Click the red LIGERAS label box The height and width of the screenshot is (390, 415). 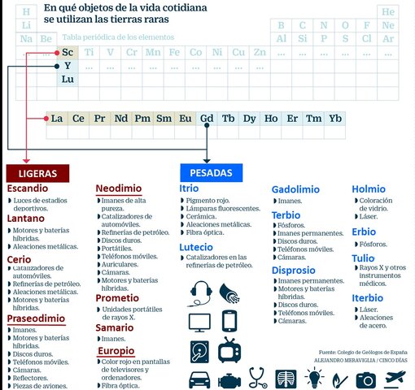tap(37, 173)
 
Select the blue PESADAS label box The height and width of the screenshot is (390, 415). tap(211, 173)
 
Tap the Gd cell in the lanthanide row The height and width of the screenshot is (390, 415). tap(207, 119)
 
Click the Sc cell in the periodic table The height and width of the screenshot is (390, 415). tap(68, 52)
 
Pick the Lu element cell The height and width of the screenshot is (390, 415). tap(68, 80)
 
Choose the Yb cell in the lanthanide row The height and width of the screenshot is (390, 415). tap(334, 119)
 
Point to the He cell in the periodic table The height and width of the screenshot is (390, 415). tap(387, 12)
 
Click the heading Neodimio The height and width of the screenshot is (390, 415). tap(122, 188)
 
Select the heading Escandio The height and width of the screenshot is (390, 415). tap(33, 188)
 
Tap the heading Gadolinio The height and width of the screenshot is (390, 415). tap(295, 189)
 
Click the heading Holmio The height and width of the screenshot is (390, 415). tap(369, 189)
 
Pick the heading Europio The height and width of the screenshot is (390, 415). tap(116, 351)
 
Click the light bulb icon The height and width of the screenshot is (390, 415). tap(314, 379)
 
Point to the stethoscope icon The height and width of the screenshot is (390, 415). tap(258, 379)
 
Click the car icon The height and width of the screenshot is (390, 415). tap(201, 379)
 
